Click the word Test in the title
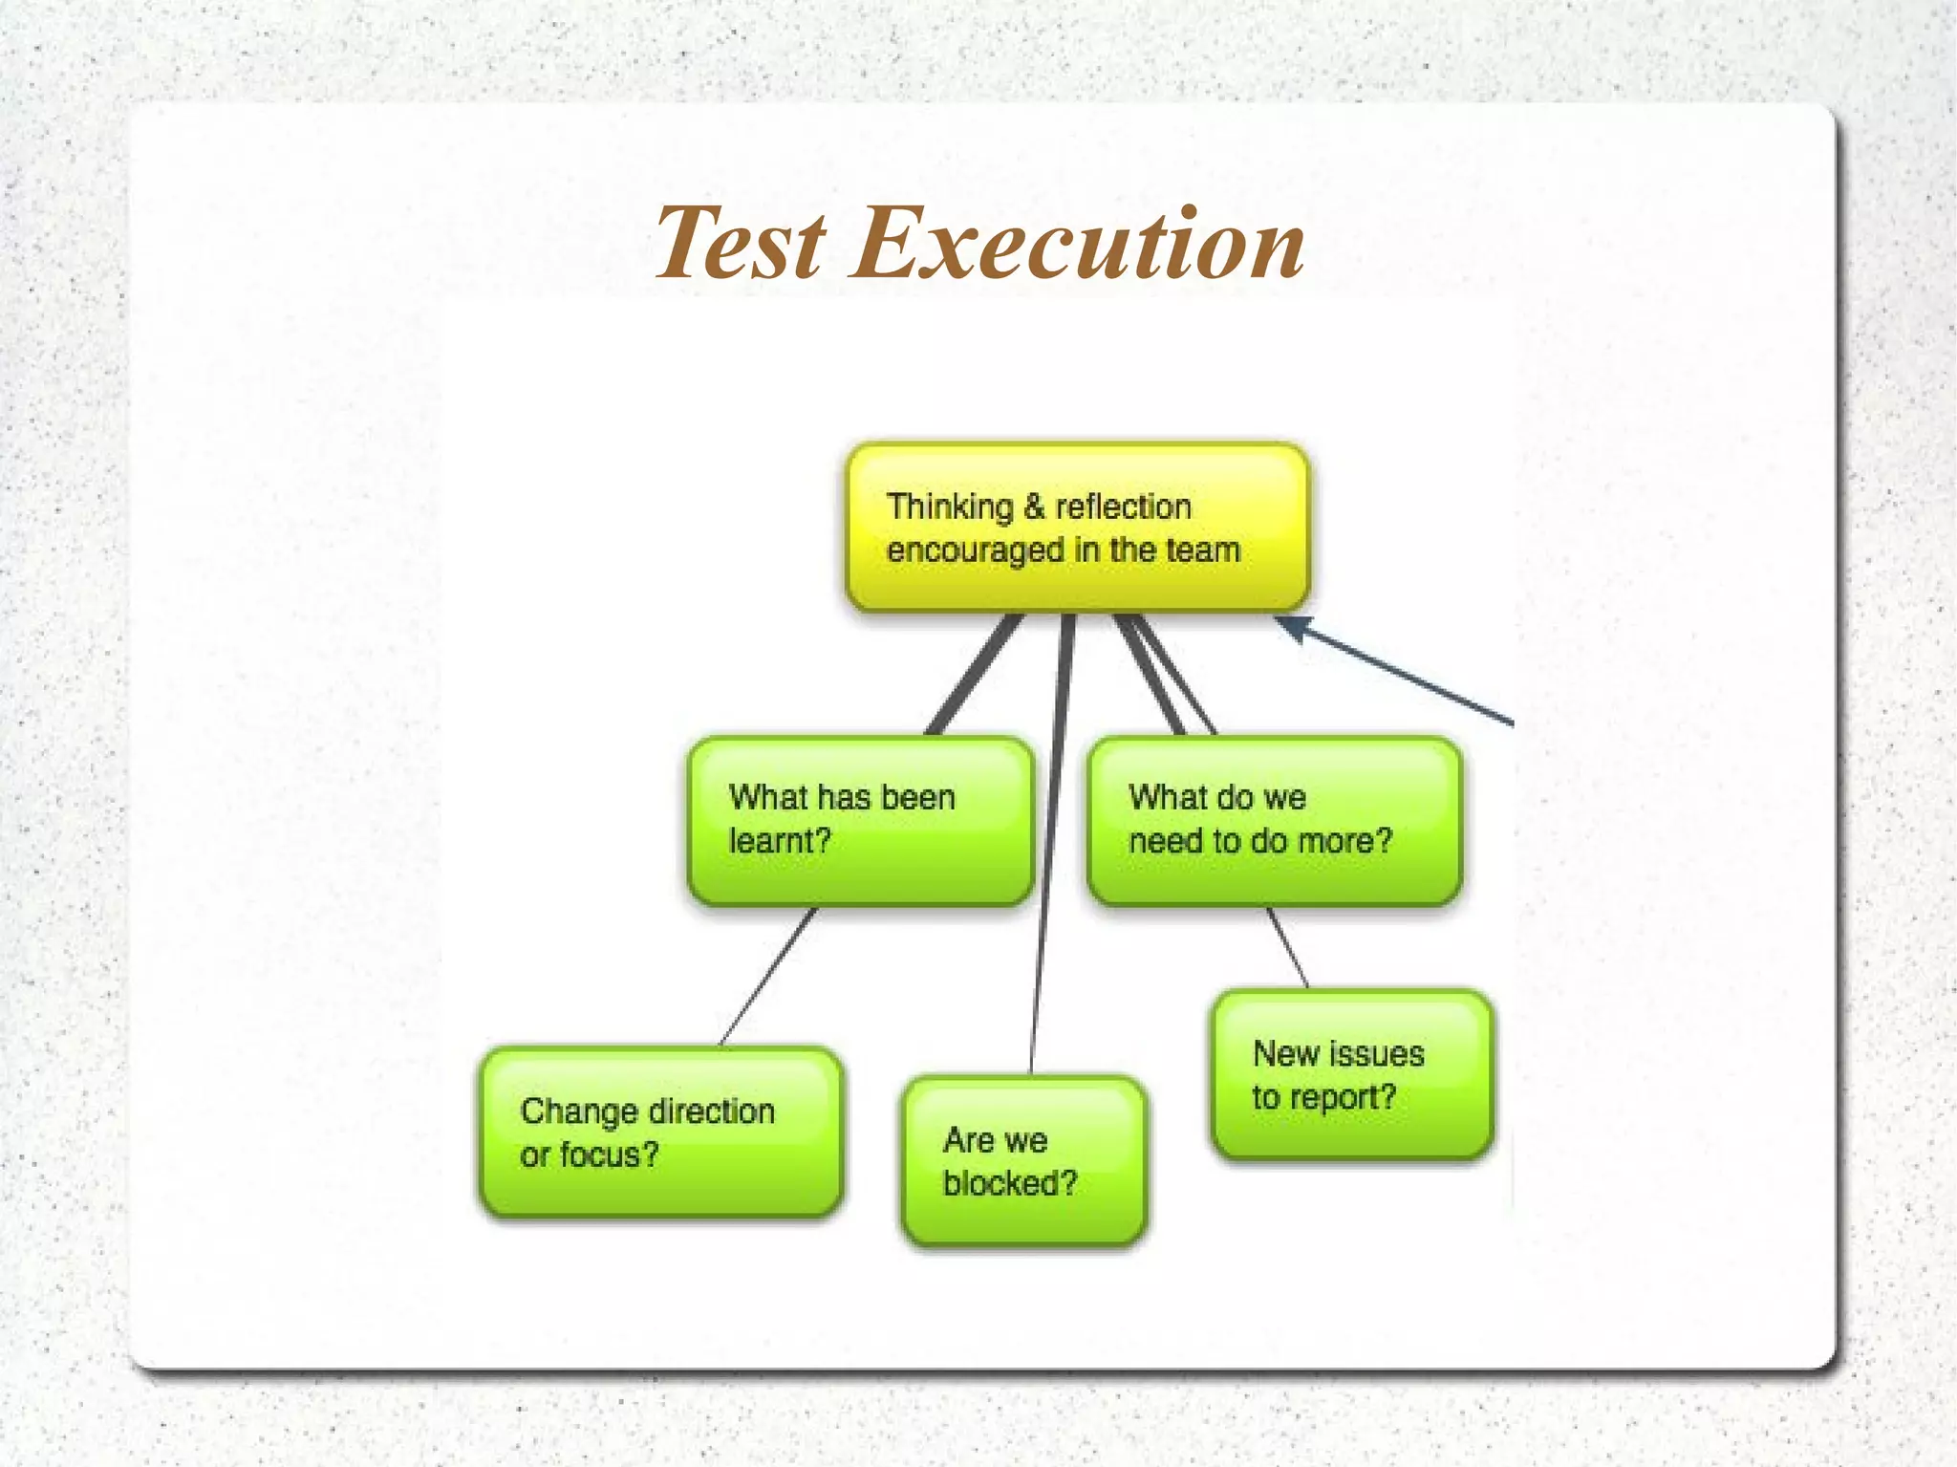[740, 245]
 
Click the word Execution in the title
[1077, 245]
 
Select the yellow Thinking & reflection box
[1077, 528]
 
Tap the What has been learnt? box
[860, 820]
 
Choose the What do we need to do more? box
[1274, 820]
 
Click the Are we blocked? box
[1023, 1161]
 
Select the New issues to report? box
[1351, 1075]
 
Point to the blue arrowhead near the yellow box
[1290, 626]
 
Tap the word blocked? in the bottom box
[1009, 1184]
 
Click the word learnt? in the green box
[780, 841]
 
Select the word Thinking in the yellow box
[949, 507]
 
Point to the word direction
[711, 1111]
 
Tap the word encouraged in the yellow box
[975, 550]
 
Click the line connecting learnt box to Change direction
[767, 977]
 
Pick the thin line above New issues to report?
[1287, 946]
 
